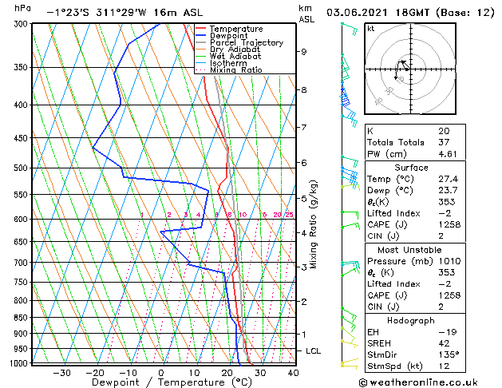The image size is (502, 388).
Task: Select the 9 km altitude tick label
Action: [304, 52]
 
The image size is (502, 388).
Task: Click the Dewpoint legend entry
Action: [230, 35]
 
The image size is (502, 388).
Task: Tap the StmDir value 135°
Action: [448, 354]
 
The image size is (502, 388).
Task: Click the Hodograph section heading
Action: [410, 320]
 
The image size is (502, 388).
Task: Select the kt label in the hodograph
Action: [371, 29]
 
